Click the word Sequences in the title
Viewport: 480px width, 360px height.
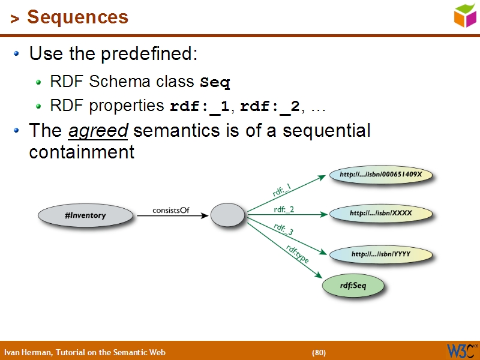(77, 17)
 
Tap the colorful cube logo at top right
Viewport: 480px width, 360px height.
(465, 16)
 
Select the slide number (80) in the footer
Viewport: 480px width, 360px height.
(319, 352)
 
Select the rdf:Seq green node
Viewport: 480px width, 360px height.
(353, 286)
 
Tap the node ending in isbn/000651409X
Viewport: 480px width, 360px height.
(381, 175)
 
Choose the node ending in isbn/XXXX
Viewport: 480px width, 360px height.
(381, 213)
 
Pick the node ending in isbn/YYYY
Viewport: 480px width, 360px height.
(381, 254)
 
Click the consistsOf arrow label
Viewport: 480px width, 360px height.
(171, 210)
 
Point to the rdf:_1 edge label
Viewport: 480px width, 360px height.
(281, 191)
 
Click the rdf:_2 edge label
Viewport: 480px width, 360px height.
(284, 209)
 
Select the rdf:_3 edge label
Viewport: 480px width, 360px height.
(283, 229)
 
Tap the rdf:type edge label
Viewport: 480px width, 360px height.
(297, 254)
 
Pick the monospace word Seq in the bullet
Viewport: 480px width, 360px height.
(215, 82)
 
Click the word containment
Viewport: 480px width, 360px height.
(82, 152)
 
